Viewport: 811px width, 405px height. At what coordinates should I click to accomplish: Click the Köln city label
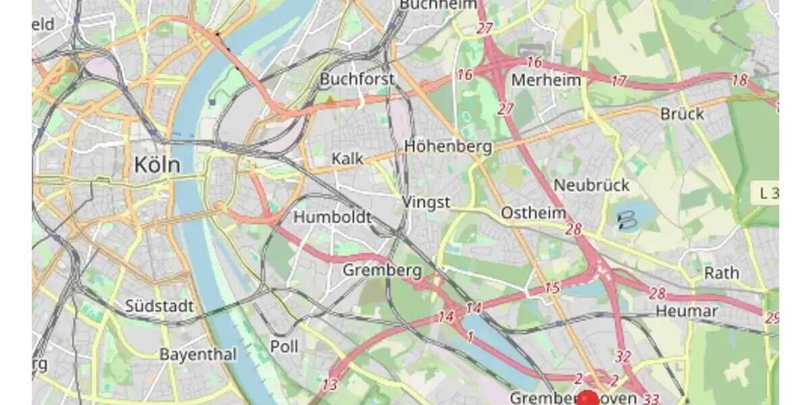pos(157,164)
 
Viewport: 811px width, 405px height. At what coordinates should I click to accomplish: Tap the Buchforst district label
pos(356,79)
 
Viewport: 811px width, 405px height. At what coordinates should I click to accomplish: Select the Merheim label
pos(546,80)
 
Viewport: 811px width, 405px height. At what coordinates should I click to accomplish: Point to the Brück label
pos(682,113)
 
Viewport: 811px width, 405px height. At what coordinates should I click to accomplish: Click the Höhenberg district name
pos(448,146)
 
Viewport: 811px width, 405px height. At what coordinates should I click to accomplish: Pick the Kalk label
pos(347,159)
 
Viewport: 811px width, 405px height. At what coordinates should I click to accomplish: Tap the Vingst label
pos(426,202)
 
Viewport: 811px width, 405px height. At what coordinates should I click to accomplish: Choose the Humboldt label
pos(333,217)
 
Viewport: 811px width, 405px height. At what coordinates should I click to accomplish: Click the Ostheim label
pos(533,213)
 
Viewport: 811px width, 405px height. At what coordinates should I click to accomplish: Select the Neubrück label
pos(591,185)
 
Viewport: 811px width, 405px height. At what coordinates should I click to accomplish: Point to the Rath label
pos(722,273)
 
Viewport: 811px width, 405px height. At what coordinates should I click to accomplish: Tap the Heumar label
pos(686,311)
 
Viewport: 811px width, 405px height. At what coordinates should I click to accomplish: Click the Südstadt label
pos(159,306)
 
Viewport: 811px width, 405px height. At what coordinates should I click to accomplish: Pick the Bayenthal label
pos(198,354)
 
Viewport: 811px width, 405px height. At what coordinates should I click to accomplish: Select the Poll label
pos(284,346)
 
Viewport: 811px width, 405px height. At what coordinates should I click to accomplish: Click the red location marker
pos(589,399)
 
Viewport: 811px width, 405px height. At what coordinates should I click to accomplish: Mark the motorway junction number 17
pos(618,81)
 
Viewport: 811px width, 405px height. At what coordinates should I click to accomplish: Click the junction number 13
pos(329,385)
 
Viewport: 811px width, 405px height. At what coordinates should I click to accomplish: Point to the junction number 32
pos(623,356)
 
